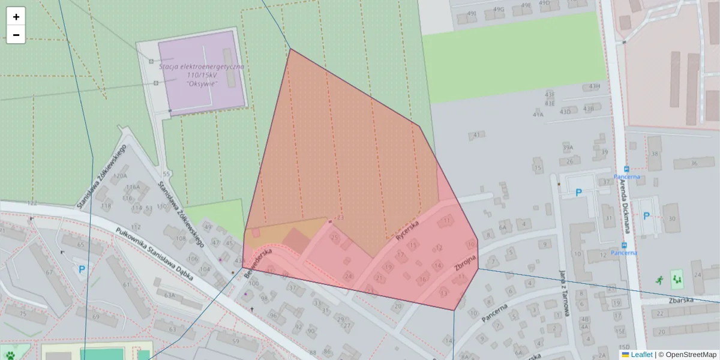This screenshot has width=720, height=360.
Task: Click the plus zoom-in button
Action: (x=16, y=17)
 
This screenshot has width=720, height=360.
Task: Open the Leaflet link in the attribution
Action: (x=641, y=355)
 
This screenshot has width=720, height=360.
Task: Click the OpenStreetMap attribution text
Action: (x=691, y=355)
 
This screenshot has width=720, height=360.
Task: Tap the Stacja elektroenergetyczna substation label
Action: (x=202, y=75)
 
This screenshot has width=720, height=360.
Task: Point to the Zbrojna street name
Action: (x=465, y=264)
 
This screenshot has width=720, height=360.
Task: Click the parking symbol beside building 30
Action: (x=646, y=216)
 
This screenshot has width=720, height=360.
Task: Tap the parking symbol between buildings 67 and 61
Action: (x=82, y=270)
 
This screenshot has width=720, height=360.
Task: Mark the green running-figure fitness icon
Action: (x=660, y=279)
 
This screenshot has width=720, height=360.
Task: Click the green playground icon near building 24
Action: (x=677, y=278)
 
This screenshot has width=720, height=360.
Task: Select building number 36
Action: (x=694, y=163)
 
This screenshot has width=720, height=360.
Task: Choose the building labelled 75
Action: (x=23, y=314)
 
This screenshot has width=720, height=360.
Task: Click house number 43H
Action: (x=594, y=86)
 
